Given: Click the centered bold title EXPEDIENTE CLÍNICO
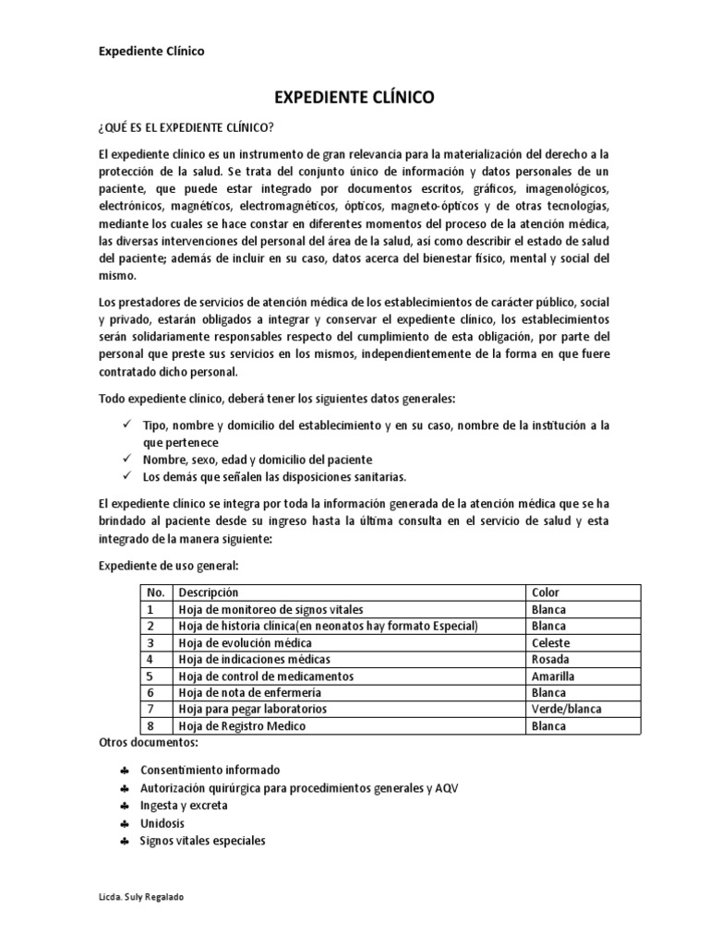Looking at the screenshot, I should [x=354, y=96].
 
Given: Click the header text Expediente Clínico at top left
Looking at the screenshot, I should [x=151, y=52].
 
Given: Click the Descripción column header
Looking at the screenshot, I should [x=208, y=592].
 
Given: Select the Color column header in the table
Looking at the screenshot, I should [x=546, y=592].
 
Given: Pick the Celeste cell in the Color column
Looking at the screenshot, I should [x=551, y=642].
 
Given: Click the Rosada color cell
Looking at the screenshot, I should [x=551, y=659].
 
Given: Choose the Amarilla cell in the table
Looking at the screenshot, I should [x=554, y=676].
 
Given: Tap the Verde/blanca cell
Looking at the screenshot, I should [x=563, y=709].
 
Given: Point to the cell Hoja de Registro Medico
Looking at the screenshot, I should [x=241, y=726].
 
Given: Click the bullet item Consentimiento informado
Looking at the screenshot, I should [x=210, y=770].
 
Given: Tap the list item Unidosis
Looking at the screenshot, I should [x=162, y=823].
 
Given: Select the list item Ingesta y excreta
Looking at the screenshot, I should [x=184, y=805].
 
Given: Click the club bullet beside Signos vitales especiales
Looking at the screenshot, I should [x=125, y=842].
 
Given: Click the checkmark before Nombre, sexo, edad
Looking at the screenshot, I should [x=126, y=460].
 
